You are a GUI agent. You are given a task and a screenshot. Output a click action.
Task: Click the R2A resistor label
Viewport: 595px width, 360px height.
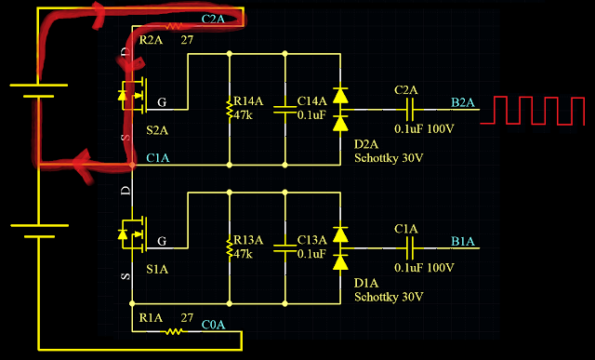click(151, 40)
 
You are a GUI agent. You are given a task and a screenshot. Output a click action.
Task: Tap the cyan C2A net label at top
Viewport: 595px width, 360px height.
click(213, 19)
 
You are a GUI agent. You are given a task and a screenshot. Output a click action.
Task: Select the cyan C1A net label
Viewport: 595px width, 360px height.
click(158, 157)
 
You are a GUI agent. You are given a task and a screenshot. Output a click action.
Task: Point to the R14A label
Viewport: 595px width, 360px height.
click(248, 101)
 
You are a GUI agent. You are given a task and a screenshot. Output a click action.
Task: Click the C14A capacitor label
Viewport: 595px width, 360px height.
click(312, 101)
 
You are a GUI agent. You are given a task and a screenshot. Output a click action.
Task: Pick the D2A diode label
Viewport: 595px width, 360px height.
click(365, 144)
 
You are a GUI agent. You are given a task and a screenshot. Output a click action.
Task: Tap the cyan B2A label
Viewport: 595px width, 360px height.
click(463, 102)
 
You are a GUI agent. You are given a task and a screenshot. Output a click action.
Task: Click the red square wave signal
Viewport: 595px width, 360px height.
click(532, 111)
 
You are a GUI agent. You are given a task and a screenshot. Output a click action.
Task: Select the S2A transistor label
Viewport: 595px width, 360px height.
click(157, 130)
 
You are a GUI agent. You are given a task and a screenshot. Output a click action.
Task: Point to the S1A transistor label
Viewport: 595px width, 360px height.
click(157, 270)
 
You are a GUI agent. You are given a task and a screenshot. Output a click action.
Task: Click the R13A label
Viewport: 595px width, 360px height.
click(248, 240)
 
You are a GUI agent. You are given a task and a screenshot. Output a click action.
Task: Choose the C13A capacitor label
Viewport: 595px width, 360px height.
click(312, 240)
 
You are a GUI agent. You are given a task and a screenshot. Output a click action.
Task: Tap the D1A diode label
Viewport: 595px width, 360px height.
click(365, 284)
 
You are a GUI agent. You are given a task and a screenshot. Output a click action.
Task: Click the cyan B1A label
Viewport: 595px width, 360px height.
click(463, 242)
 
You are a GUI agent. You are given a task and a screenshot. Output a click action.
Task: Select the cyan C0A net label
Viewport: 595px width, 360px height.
click(213, 325)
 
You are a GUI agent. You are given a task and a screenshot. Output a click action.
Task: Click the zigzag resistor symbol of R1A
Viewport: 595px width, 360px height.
click(174, 331)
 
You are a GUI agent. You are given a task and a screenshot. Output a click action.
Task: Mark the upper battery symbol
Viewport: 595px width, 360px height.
click(38, 91)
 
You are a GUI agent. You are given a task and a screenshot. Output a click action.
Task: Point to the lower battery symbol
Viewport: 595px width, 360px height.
click(39, 231)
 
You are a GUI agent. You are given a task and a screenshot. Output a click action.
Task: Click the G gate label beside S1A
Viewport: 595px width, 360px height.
click(162, 241)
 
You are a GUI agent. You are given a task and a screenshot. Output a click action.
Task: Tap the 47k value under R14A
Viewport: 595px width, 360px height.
click(243, 115)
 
